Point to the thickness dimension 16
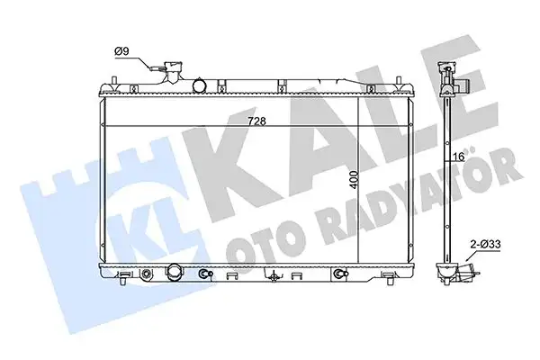(x=458, y=156)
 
